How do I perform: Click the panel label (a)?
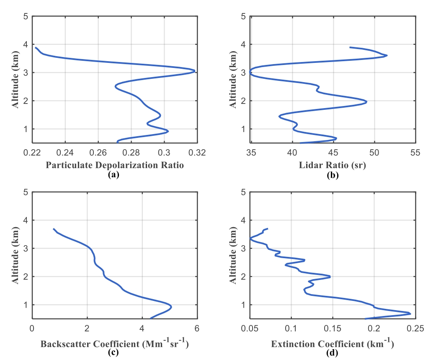point(114,175)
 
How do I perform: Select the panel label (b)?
point(333,175)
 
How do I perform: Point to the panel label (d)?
point(333,352)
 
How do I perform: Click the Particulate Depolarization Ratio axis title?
point(115,165)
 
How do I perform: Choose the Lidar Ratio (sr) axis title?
point(333,165)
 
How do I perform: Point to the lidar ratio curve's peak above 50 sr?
point(387,55)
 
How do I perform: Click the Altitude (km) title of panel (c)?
point(16,256)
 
